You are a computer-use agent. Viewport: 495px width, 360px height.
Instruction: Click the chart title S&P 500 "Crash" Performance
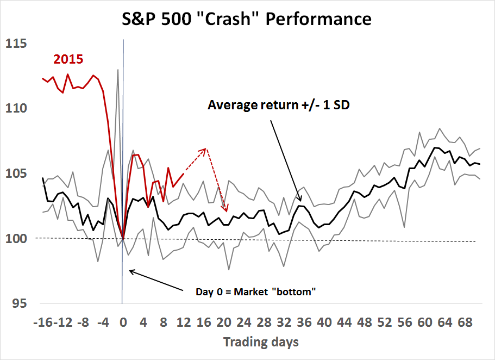point(247,20)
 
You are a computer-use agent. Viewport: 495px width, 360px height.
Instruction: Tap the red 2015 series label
point(67,59)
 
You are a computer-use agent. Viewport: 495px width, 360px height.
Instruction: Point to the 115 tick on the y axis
point(16,44)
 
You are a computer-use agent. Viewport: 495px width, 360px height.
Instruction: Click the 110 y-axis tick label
point(16,109)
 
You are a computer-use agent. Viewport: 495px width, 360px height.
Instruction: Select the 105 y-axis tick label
point(16,173)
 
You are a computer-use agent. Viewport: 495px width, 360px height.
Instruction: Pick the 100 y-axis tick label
point(16,238)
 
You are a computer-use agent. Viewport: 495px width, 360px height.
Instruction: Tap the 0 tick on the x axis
point(123,322)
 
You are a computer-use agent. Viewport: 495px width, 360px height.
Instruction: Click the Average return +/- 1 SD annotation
point(278,105)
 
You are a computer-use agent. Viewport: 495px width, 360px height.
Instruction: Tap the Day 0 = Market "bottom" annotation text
point(255,291)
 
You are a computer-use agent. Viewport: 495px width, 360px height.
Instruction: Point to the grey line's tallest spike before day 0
point(118,70)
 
